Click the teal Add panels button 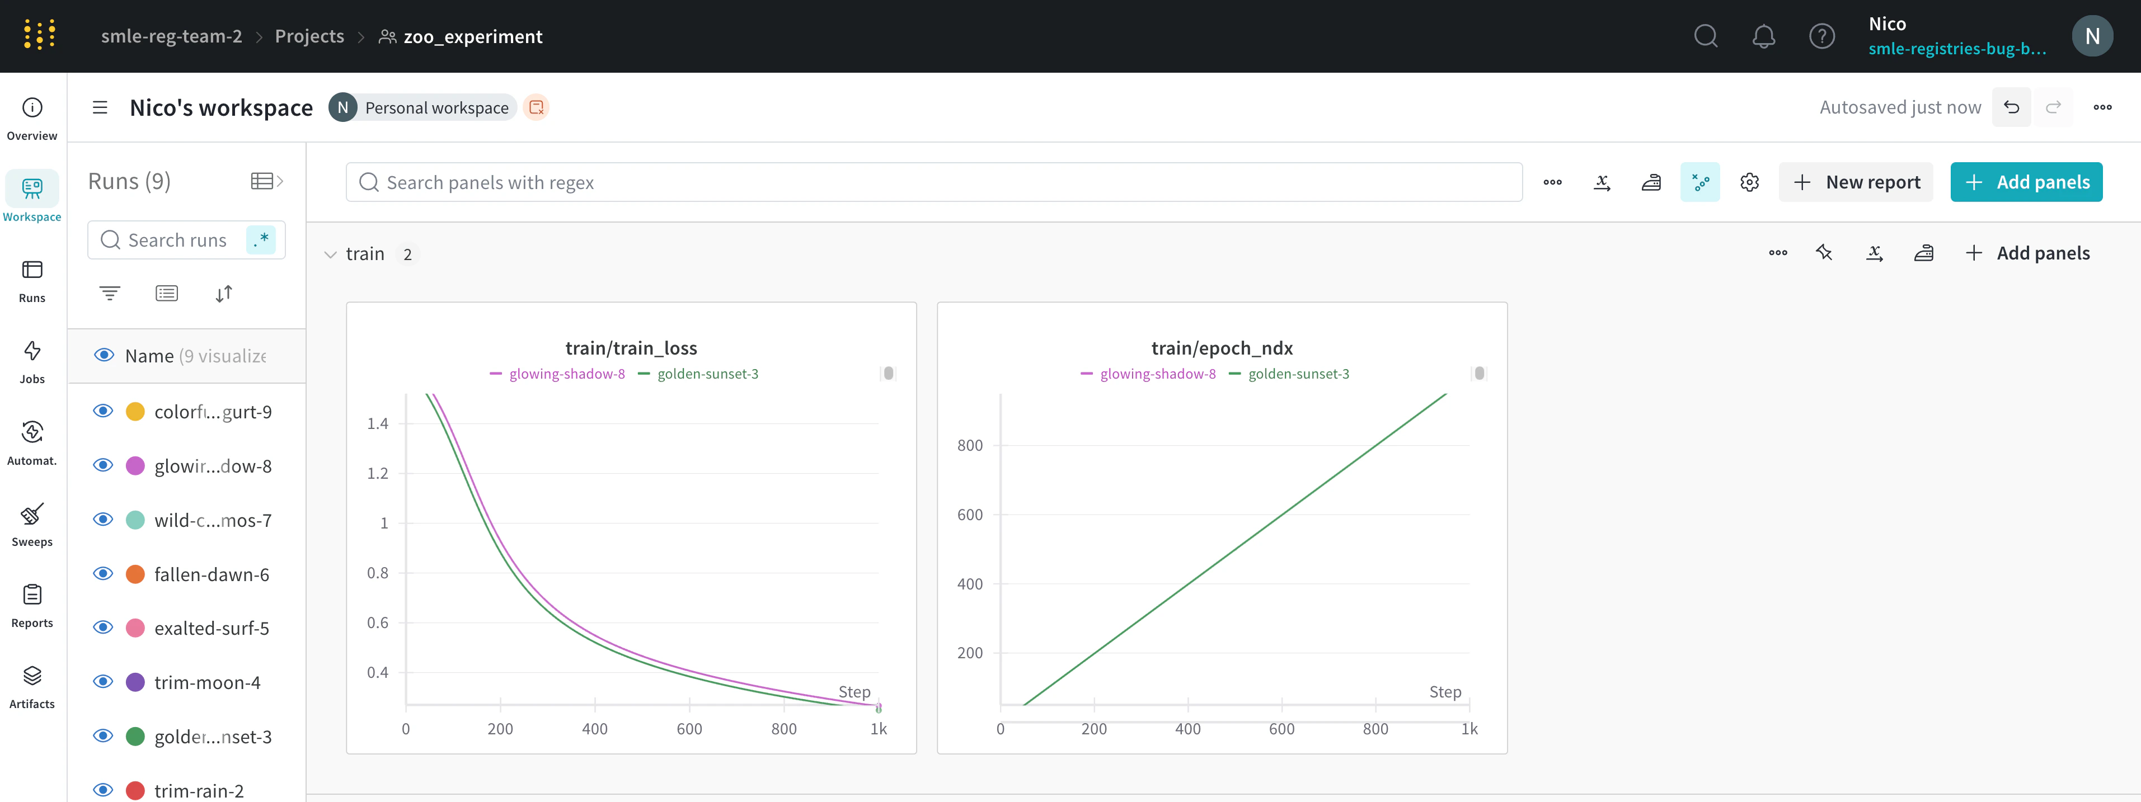point(2026,182)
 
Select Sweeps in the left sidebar point(31,523)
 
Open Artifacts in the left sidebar point(31,686)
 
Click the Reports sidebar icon point(31,605)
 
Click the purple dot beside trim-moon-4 point(135,682)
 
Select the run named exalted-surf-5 point(211,628)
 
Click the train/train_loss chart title point(631,348)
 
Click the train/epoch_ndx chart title point(1221,348)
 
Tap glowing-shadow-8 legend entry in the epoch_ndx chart point(1157,374)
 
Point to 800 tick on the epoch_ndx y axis point(969,446)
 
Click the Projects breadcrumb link point(309,36)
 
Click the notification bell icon point(1763,36)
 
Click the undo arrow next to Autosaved point(2011,107)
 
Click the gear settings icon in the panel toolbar point(1749,182)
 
